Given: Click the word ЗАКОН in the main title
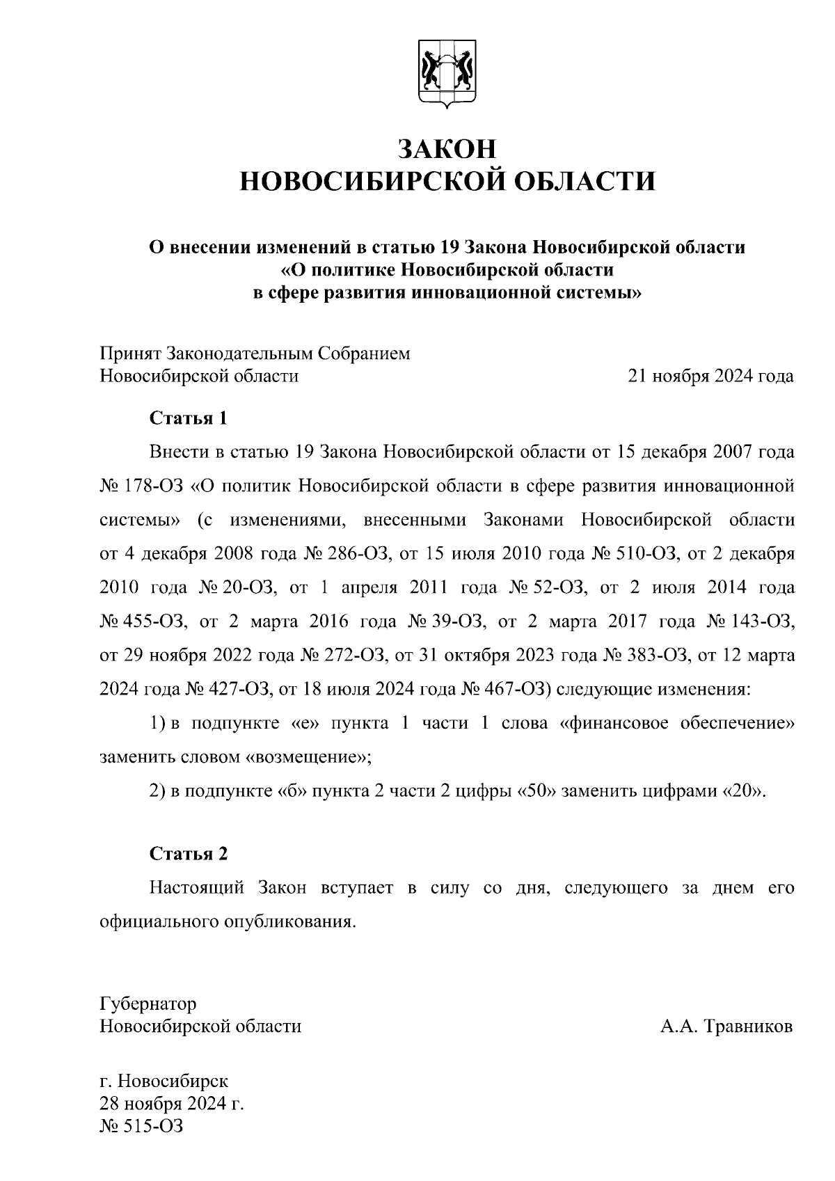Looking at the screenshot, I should (447, 149).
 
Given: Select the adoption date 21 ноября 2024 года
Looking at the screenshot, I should (710, 377).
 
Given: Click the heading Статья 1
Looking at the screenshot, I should (189, 418).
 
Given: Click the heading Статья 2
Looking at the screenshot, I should (189, 853).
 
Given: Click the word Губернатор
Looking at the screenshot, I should (148, 1004).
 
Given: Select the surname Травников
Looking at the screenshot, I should (749, 1027).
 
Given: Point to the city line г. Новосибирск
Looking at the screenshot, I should (164, 1081).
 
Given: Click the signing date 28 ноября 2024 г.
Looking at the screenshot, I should (171, 1104).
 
